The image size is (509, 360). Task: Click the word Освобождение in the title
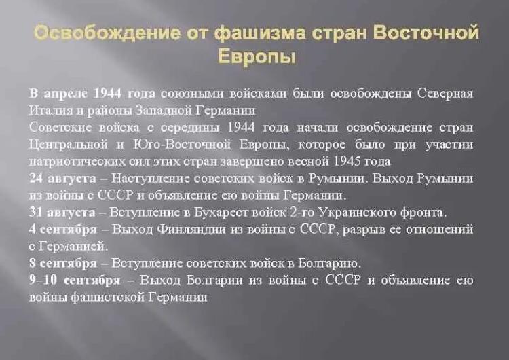pyautogui.click(x=107, y=33)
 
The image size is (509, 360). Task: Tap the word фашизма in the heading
pyautogui.click(x=260, y=33)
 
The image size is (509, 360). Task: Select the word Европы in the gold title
pyautogui.click(x=257, y=57)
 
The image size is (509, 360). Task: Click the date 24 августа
pyautogui.click(x=62, y=179)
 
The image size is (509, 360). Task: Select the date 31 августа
pyautogui.click(x=62, y=212)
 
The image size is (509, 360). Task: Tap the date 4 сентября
pyautogui.click(x=63, y=230)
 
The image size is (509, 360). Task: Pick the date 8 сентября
pyautogui.click(x=63, y=263)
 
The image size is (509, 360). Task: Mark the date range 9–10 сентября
pyautogui.click(x=75, y=280)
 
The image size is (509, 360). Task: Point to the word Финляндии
pyautogui.click(x=191, y=230)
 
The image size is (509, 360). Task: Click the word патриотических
pyautogui.click(x=77, y=162)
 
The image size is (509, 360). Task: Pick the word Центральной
pyautogui.click(x=68, y=145)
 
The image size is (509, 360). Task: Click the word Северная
pyautogui.click(x=445, y=94)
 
